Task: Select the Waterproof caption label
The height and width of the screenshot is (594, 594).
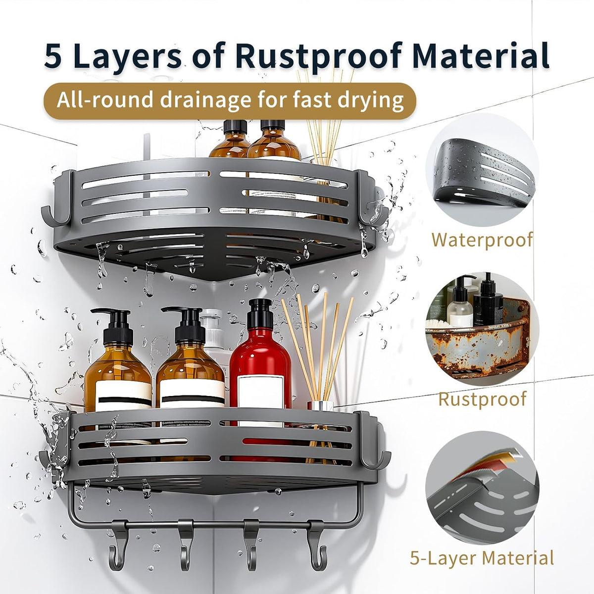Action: (x=482, y=240)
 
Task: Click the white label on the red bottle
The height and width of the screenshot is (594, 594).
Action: (x=261, y=392)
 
